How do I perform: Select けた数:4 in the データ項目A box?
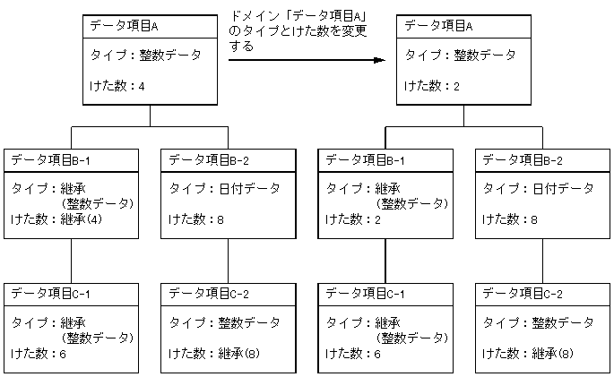tap(117, 86)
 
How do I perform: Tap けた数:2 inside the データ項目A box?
tap(431, 86)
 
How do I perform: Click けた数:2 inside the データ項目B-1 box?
tap(352, 219)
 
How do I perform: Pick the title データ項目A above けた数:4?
tap(123, 25)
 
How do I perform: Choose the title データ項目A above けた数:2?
tap(438, 25)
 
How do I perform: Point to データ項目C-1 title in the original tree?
tap(51, 293)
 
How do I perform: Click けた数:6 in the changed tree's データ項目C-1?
tap(352, 354)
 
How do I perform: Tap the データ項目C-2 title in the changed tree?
tap(523, 293)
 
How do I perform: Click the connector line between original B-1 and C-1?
tap(72, 260)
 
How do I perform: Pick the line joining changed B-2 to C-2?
tap(542, 260)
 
